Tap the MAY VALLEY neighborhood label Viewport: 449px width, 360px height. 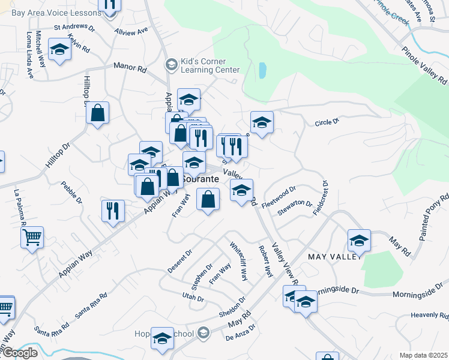[x=335, y=257]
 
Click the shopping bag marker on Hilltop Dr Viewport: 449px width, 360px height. [x=97, y=112]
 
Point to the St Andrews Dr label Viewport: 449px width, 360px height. [x=74, y=28]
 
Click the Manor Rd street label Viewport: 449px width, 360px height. [x=134, y=70]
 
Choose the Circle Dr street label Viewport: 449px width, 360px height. [x=327, y=122]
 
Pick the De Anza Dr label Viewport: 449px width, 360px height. [x=241, y=333]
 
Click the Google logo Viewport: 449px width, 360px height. [x=19, y=353]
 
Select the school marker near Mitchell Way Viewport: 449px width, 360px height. [x=59, y=50]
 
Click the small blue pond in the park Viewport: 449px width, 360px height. [x=262, y=71]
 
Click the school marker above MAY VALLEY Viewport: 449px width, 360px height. [x=359, y=241]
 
